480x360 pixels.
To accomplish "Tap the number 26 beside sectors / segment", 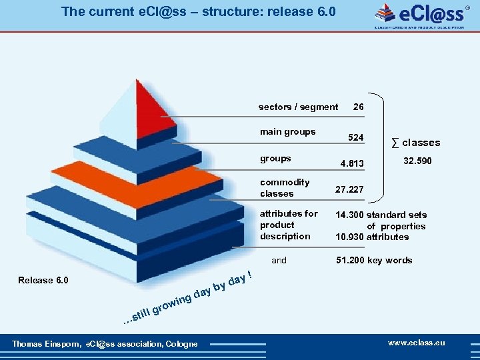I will tap(359, 107).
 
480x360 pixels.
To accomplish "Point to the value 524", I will tap(357, 137).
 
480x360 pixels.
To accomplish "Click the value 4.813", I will tap(352, 163).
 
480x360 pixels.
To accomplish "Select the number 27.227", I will tap(349, 189).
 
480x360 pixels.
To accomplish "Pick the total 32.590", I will tap(418, 161).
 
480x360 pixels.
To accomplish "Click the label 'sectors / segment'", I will tap(298, 107).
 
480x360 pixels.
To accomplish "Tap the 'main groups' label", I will tap(288, 131).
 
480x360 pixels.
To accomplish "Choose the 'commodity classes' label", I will tap(285, 187).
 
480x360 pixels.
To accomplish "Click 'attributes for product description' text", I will tap(289, 225).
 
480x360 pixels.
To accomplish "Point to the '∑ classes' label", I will tap(415, 142).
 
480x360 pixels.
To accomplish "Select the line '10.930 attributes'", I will tap(372, 237).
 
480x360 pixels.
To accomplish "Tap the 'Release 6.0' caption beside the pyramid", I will tap(43, 279).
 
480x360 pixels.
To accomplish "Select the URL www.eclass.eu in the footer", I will tap(417, 343).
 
